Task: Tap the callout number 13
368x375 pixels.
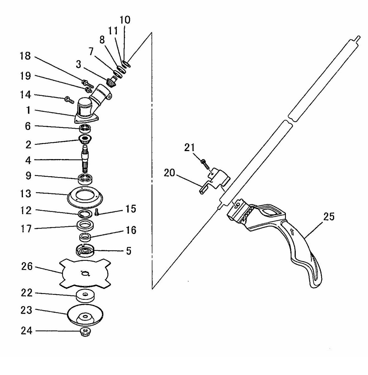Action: coord(25,194)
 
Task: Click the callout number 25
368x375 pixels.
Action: coord(329,216)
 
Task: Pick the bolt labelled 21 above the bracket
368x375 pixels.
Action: coord(205,164)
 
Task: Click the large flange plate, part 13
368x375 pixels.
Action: coord(85,197)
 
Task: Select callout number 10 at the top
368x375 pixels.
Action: coord(125,20)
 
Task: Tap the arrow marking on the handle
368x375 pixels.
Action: coord(292,232)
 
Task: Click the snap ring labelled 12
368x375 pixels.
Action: coord(85,214)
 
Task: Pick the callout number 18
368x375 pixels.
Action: coord(25,56)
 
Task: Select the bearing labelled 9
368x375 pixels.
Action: coord(85,179)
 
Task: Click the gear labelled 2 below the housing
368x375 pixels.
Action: coord(85,139)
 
